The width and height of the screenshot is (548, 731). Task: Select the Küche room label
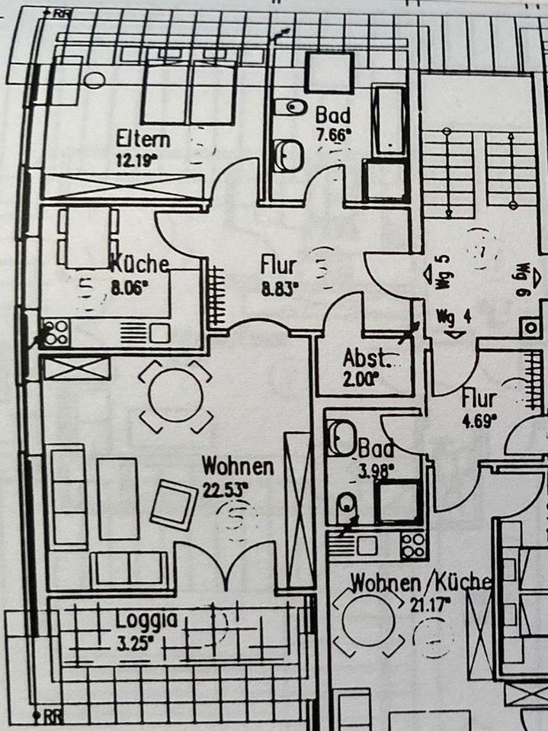140,265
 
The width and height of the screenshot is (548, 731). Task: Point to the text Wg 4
454,315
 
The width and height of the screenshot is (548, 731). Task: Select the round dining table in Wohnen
176,396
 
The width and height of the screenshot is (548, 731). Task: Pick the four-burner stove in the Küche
56,333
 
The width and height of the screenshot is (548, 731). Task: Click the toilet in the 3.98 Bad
347,504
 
